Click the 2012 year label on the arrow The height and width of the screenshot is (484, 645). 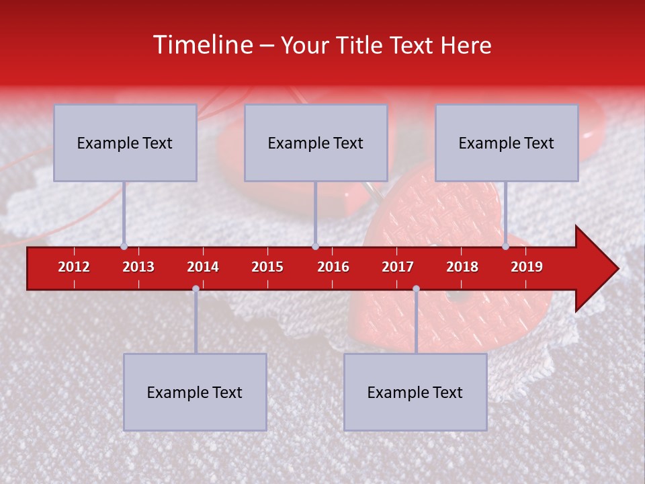pos(74,267)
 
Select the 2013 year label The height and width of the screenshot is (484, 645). pos(138,267)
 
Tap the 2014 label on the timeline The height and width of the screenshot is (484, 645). pos(203,267)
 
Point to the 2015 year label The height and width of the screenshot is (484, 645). pos(267,267)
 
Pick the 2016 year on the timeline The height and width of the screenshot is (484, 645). pos(333,267)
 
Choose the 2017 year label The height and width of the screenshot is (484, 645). pos(398,267)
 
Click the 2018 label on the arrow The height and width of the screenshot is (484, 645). pos(462,267)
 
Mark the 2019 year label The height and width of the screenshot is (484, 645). pos(527,267)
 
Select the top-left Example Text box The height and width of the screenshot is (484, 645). pos(125,143)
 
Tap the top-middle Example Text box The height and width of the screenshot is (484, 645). pos(316,143)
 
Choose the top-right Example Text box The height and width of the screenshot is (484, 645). pos(507,143)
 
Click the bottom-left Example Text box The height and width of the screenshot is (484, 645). pos(195,393)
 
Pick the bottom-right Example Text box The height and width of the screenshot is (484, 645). pos(415,393)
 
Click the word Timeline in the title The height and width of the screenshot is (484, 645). pos(202,45)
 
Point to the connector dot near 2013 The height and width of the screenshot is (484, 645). pos(124,246)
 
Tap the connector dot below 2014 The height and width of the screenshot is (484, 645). pos(196,288)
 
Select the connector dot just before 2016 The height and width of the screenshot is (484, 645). pos(315,246)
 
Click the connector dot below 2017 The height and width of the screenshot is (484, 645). pos(416,288)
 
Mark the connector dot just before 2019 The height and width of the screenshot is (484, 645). pos(505,246)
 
